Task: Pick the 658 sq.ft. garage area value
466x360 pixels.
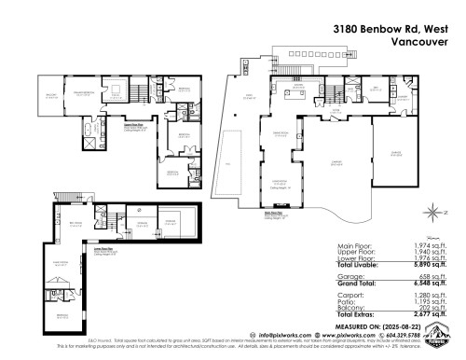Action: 436,276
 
